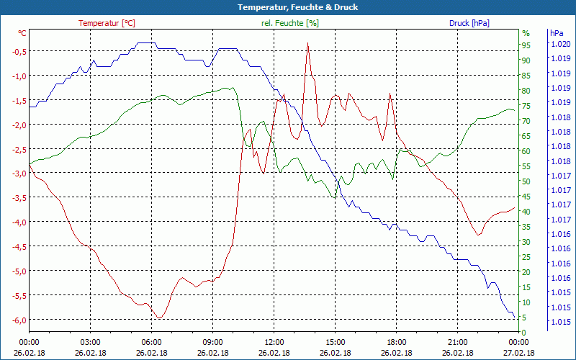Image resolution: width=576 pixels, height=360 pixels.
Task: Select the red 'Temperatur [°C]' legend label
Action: point(107,23)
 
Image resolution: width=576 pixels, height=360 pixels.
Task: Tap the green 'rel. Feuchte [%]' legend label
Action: point(290,23)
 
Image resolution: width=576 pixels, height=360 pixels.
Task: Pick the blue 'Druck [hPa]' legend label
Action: point(469,23)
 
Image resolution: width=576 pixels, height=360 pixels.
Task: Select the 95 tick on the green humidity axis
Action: point(526,45)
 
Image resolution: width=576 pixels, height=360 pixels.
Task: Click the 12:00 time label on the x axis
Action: point(274,343)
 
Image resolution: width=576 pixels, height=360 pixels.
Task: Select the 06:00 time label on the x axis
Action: point(152,343)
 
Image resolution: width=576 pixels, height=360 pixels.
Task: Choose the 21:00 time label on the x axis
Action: point(458,343)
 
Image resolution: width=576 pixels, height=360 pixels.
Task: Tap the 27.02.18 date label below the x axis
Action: point(519,353)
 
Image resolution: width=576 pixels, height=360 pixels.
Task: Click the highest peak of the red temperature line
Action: point(307,43)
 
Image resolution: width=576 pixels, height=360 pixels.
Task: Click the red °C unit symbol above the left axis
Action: point(22,33)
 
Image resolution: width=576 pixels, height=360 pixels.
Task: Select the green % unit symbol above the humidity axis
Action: point(526,33)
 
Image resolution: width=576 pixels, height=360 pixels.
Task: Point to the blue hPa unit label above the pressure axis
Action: point(557,33)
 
